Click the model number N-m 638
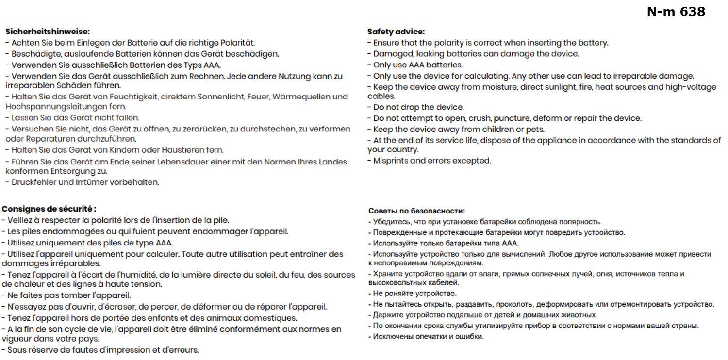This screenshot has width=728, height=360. (x=676, y=12)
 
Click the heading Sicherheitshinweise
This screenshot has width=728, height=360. (x=48, y=32)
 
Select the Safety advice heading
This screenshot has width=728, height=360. (x=396, y=32)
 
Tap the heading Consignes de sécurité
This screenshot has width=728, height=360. (x=49, y=209)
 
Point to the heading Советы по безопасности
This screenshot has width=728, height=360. (x=416, y=211)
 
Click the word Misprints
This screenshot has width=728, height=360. (x=391, y=161)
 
